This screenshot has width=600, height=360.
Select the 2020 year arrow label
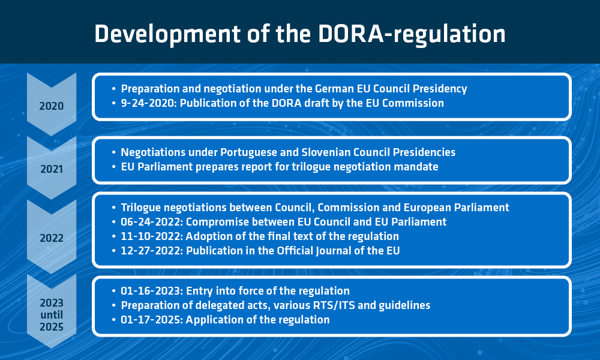click(52, 106)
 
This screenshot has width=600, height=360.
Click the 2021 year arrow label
click(52, 169)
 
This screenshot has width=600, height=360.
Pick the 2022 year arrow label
click(52, 238)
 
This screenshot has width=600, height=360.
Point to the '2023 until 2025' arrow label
click(52, 315)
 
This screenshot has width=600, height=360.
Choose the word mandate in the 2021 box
click(416, 167)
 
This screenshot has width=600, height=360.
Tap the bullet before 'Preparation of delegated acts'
click(114, 305)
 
